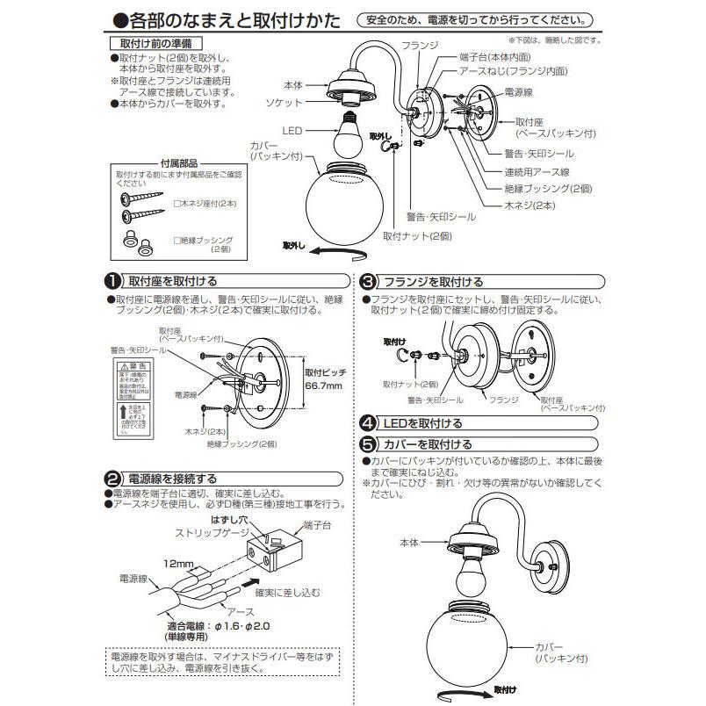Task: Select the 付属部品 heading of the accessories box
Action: point(178,162)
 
